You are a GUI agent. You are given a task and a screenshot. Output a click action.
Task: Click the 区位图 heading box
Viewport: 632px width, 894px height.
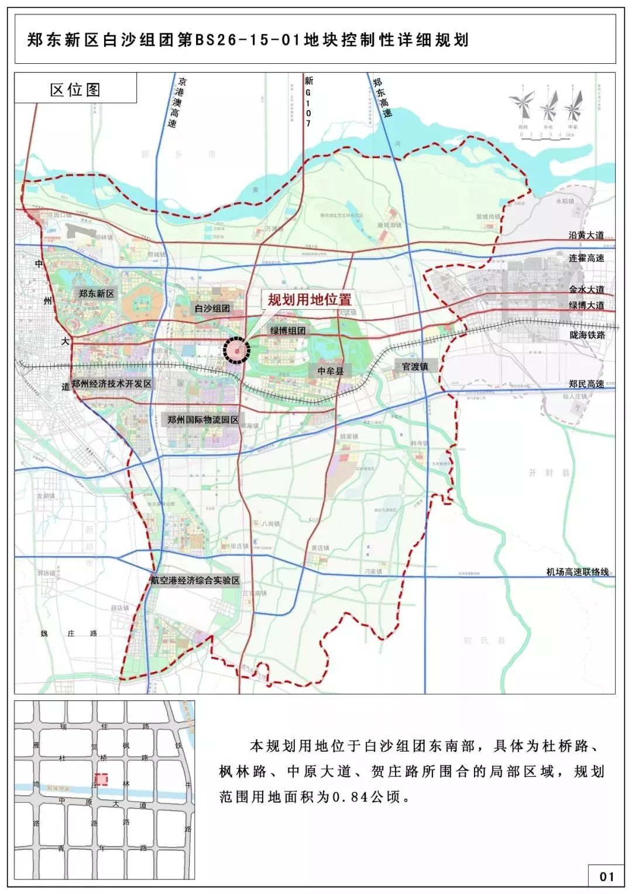pyautogui.click(x=75, y=89)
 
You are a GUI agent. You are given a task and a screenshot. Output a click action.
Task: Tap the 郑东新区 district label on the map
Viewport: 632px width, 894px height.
pyautogui.click(x=97, y=293)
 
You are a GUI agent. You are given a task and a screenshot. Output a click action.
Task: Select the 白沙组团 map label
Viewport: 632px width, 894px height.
pyautogui.click(x=212, y=308)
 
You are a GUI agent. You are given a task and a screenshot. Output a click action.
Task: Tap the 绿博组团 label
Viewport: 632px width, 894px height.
pyautogui.click(x=288, y=331)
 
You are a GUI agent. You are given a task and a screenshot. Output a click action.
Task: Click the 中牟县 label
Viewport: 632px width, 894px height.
pyautogui.click(x=331, y=371)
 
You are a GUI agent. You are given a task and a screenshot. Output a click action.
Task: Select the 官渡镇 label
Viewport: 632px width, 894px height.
pyautogui.click(x=415, y=366)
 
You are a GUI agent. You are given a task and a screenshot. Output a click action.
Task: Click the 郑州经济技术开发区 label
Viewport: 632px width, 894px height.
pyautogui.click(x=112, y=383)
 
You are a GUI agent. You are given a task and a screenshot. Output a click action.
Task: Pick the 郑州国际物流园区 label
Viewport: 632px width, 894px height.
pyautogui.click(x=203, y=420)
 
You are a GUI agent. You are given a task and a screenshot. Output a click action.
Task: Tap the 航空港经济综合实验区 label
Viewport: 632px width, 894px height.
pyautogui.click(x=195, y=580)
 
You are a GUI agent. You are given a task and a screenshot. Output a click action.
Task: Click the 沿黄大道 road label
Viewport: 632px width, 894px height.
pyautogui.click(x=586, y=235)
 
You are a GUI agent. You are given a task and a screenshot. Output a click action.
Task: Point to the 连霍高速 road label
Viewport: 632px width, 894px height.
pyautogui.click(x=586, y=258)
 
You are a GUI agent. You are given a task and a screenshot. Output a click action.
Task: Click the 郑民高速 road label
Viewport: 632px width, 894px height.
pyautogui.click(x=586, y=384)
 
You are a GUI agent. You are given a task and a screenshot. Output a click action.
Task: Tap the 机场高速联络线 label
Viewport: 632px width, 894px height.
pyautogui.click(x=578, y=572)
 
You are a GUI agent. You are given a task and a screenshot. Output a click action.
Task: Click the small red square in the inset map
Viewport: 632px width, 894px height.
pyautogui.click(x=101, y=779)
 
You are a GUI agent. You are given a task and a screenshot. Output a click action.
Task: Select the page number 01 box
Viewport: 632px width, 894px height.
pyautogui.click(x=606, y=876)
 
